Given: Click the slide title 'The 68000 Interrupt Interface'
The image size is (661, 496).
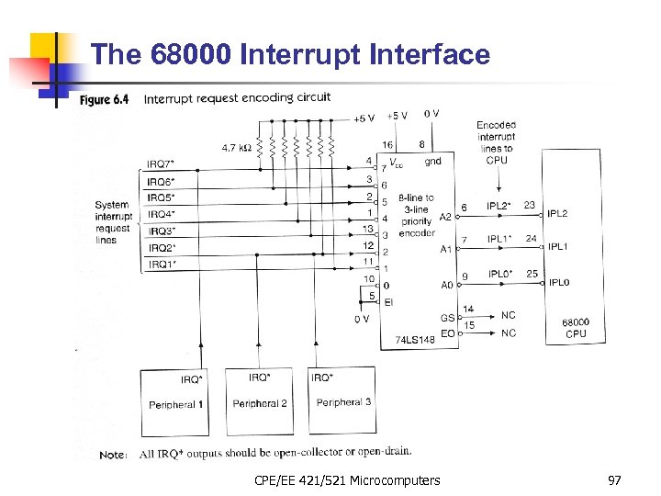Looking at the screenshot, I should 291,55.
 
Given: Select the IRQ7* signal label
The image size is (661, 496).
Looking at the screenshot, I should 161,164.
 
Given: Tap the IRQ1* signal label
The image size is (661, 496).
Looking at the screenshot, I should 161,265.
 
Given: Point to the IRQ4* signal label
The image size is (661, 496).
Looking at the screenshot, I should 161,215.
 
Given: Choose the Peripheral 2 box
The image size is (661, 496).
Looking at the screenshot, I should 260,395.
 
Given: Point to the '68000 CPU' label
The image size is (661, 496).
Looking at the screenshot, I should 576,328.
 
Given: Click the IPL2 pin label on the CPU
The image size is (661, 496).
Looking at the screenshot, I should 558,214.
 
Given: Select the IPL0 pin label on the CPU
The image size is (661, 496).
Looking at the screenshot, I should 558,282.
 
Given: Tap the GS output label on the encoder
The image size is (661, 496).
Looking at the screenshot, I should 447,316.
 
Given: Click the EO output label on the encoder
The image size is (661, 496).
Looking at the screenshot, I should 447,333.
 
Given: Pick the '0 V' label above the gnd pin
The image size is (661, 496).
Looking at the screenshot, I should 431,114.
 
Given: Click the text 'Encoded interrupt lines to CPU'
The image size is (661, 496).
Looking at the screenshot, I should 496,142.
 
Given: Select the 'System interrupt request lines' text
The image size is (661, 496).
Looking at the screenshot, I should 113,222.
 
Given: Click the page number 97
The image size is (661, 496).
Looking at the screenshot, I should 615,480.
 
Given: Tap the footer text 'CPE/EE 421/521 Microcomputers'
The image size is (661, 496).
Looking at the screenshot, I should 348,480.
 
